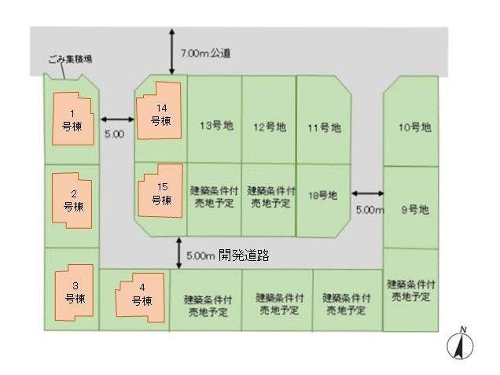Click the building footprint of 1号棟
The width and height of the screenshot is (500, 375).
[x=73, y=119]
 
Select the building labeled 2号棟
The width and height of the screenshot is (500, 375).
[x=72, y=200]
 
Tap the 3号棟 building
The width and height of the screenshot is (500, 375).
[x=75, y=292]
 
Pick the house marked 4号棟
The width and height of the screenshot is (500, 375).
[x=140, y=297]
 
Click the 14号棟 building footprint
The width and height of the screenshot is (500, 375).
[x=159, y=111]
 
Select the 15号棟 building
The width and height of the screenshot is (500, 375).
[x=160, y=191]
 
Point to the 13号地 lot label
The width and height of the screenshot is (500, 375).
[x=216, y=126]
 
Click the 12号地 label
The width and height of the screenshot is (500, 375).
[x=270, y=127]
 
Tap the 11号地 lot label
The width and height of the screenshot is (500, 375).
[x=325, y=128]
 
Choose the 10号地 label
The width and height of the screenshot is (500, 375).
[x=415, y=127]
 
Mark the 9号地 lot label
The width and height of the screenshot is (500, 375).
[x=415, y=210]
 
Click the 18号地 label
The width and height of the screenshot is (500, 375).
[x=322, y=195]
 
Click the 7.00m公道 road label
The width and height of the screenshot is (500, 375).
[x=206, y=53]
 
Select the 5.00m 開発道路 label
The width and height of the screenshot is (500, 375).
[x=228, y=255]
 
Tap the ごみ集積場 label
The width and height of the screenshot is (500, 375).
[x=71, y=59]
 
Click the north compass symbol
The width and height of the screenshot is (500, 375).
[x=460, y=344]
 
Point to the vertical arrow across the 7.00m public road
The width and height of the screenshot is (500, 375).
[x=172, y=51]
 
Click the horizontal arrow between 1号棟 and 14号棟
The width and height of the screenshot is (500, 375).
[x=117, y=119]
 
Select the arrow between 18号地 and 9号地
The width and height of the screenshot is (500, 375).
[x=368, y=193]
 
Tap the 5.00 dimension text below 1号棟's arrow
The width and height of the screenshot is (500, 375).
[x=115, y=134]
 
